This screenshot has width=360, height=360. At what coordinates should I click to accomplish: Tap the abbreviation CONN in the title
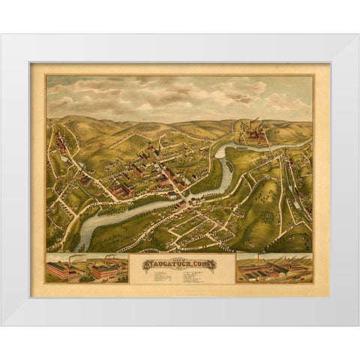click(202, 263)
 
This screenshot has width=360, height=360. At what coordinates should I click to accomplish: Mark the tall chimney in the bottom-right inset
click(259, 258)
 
